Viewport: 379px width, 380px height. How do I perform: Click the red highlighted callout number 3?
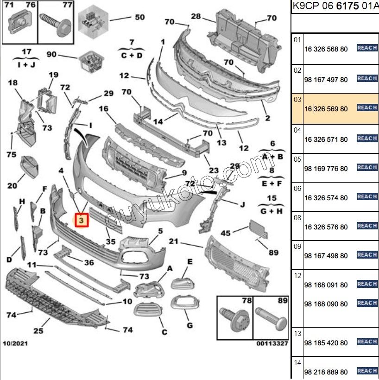pos(82,221)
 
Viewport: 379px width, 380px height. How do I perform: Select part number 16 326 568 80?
pos(326,50)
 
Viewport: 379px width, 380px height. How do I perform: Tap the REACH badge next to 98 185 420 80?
pos(367,342)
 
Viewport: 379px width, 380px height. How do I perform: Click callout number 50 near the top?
pos(139,18)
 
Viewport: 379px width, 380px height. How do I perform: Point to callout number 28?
pos(196,17)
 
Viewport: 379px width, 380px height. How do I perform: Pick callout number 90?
pos(51,55)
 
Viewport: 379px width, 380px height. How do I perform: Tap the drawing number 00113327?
pos(272,344)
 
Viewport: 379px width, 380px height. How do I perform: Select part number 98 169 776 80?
pos(326,169)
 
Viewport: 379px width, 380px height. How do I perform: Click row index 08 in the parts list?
pos(297,217)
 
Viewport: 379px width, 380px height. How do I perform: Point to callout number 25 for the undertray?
pos(38,331)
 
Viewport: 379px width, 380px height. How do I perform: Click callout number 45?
pos(226,233)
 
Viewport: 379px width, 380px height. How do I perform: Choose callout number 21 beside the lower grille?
pos(173,241)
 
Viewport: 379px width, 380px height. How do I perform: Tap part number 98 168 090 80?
pos(326,304)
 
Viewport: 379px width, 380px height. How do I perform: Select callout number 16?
pos(103,108)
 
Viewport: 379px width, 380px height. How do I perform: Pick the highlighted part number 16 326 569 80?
pos(326,109)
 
